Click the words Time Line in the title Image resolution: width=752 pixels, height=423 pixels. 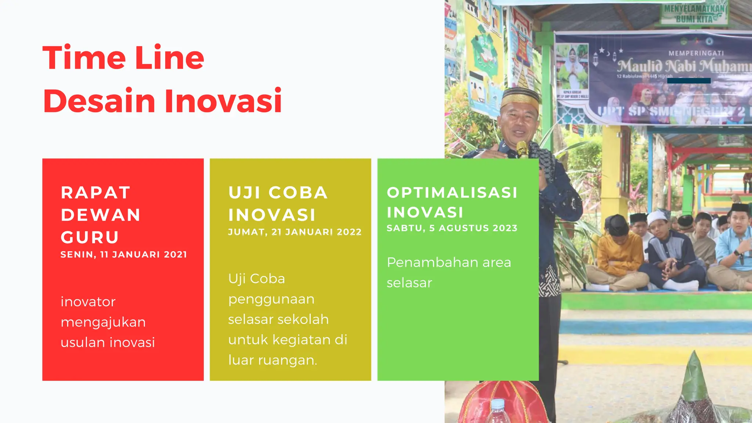(123, 58)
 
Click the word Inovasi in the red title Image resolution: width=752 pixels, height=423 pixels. (223, 101)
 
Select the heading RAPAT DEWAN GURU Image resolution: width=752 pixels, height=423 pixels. (100, 215)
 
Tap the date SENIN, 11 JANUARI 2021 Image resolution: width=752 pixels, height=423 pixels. (124, 254)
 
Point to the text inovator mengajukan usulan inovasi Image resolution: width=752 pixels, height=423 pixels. (108, 322)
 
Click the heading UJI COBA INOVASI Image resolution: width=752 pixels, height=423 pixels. (278, 204)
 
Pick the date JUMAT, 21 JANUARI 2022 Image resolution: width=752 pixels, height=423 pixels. (295, 232)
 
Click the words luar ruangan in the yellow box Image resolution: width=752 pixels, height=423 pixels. (272, 360)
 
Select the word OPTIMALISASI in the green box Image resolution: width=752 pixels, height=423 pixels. (452, 192)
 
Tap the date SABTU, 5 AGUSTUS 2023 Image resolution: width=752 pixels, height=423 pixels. (452, 228)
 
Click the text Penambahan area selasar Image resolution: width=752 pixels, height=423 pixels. (449, 272)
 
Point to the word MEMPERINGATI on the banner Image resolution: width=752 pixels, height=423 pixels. (696, 53)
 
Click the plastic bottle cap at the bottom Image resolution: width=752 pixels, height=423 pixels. (498, 404)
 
